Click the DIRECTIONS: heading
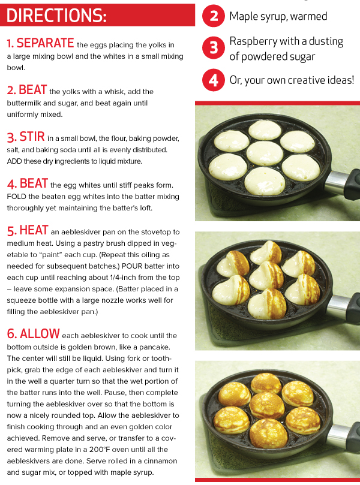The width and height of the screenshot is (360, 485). (x=56, y=16)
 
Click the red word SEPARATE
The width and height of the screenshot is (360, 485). (x=45, y=43)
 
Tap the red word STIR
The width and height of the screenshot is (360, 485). (x=32, y=137)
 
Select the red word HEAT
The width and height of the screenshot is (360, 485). (x=34, y=230)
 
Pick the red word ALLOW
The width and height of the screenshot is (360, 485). (x=40, y=334)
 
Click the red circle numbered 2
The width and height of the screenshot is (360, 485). (x=214, y=16)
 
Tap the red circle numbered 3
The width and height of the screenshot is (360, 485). (x=214, y=48)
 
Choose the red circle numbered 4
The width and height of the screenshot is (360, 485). (x=214, y=80)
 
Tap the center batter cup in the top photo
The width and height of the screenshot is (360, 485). (x=265, y=153)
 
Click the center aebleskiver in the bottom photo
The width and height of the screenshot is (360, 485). (x=267, y=405)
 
